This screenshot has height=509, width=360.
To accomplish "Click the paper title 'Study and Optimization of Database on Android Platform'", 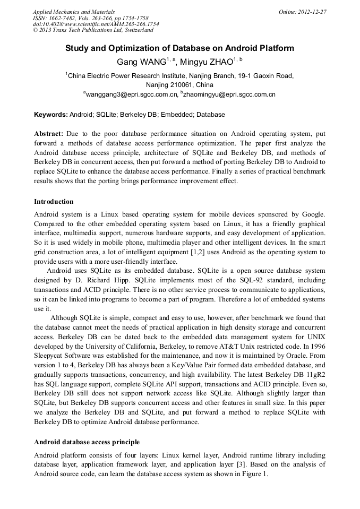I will (179, 48).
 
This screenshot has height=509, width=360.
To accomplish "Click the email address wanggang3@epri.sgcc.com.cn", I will (131, 94).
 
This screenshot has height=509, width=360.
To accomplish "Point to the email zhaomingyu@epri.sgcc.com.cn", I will (229, 94).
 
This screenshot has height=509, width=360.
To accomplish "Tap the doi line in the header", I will (96, 24).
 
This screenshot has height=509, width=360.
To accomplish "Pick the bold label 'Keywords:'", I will (51, 115).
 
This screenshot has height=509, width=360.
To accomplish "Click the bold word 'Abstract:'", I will (49, 134).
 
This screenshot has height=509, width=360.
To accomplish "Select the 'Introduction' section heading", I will (54, 202).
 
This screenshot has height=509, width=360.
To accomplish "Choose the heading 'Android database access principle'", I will (87, 442).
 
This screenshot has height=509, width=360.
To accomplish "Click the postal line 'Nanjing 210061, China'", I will (179, 84).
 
